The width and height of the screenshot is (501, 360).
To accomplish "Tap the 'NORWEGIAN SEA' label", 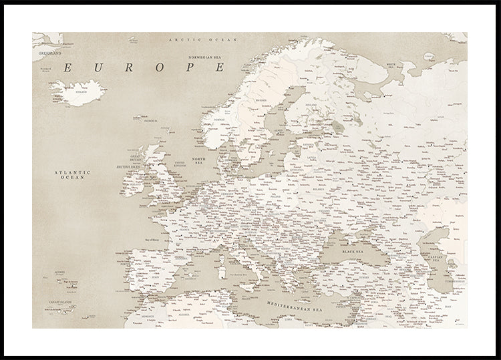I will pyautogui.click(x=204, y=57).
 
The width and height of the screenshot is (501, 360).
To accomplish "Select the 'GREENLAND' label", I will pyautogui.click(x=49, y=52).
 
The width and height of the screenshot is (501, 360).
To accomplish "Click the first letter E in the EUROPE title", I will pyautogui.click(x=68, y=67).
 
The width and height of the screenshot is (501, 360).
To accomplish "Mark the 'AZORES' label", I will pyautogui.click(x=59, y=273).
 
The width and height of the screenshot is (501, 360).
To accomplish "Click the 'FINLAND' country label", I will pyautogui.click(x=311, y=105).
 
